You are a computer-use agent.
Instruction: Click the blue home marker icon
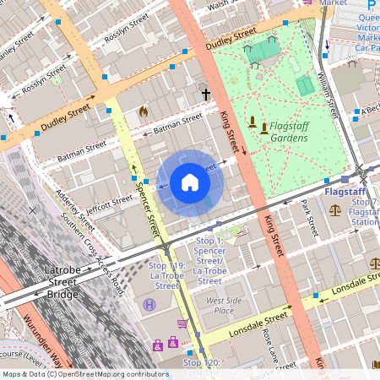(190, 182)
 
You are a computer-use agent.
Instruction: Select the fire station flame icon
(143, 111)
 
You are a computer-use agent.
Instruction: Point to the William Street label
(327, 94)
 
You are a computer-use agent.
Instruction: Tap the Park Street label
(308, 217)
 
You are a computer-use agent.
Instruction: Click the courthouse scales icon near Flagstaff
(336, 209)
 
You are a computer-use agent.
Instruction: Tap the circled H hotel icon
(149, 304)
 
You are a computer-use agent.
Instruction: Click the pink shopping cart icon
(182, 323)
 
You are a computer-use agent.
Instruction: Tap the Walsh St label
(221, 4)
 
